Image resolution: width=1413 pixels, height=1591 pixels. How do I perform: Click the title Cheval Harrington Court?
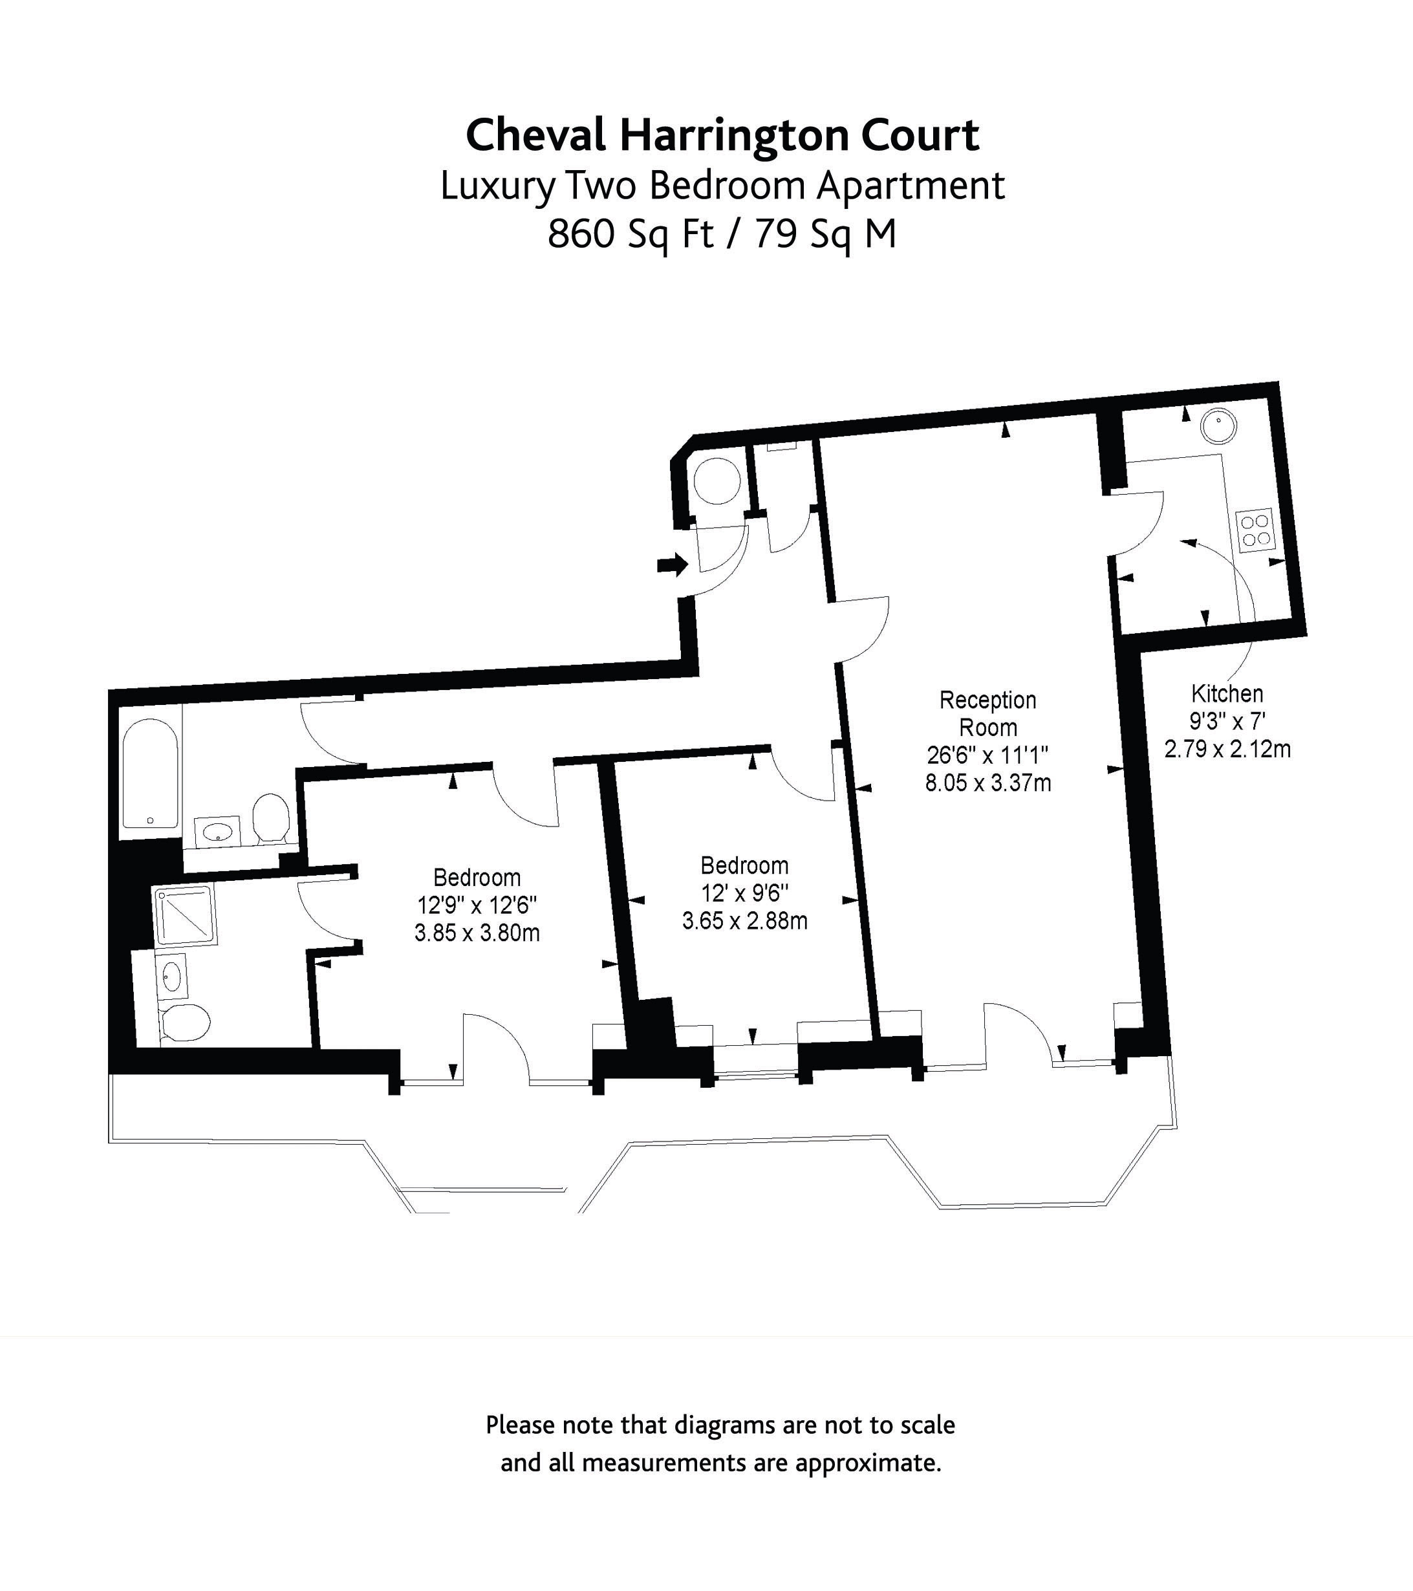pos(722,135)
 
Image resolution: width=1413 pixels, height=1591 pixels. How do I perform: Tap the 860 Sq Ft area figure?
pos(631,233)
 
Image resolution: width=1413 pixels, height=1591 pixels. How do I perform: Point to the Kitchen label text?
pos(1227,693)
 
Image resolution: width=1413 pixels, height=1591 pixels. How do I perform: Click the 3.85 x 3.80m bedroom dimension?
pos(477,933)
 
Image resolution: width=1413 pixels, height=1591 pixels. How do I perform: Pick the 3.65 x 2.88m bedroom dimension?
pos(744,921)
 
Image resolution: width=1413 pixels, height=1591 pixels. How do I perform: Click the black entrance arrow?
pos(673,565)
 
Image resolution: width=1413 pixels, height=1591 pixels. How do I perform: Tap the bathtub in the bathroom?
pos(150,774)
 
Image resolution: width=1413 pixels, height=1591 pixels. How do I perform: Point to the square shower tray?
pos(185,915)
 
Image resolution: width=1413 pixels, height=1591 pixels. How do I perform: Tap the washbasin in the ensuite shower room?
pos(172,975)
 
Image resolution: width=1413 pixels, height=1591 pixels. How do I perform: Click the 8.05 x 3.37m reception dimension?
pos(988,783)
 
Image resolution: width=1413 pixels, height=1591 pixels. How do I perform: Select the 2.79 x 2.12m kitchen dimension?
pos(1227,750)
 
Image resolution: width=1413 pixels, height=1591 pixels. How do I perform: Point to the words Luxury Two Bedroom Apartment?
pos(722,186)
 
